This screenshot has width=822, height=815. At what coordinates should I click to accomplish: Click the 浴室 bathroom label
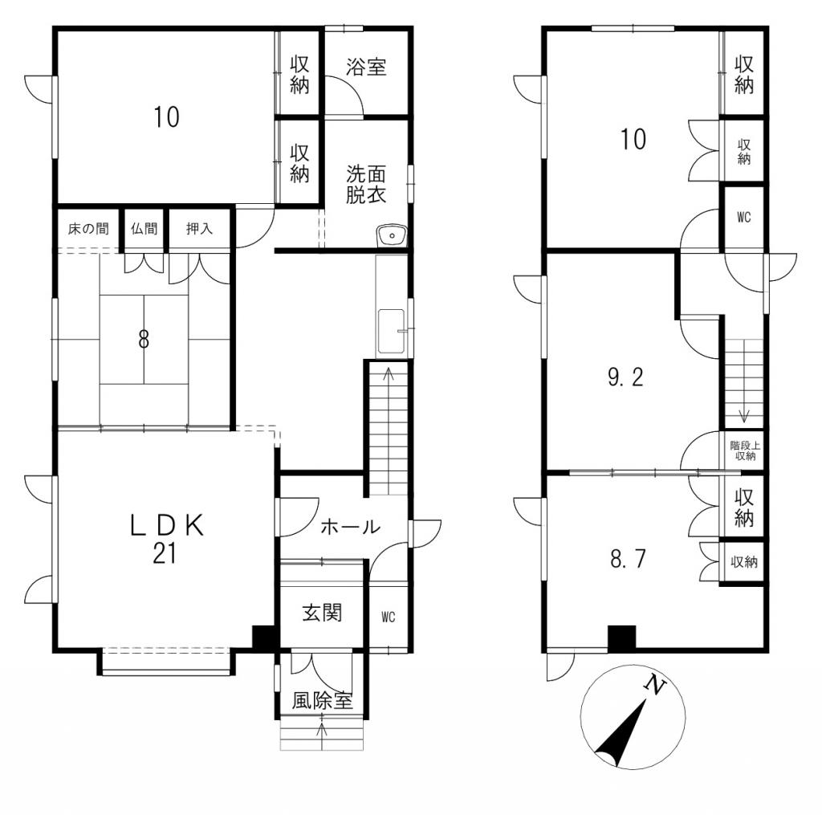coord(366,67)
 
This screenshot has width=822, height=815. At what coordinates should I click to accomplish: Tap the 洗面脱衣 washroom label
coord(366,185)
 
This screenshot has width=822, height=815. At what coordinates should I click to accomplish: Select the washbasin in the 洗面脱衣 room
coord(391,235)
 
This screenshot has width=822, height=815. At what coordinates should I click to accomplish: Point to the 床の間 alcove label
coord(88,229)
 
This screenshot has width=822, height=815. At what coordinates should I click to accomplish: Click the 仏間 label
coord(144,229)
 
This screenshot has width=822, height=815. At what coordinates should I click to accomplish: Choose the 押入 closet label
coord(199,229)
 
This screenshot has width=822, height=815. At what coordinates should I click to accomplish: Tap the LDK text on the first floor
coord(167,525)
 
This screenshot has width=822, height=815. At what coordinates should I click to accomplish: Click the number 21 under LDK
coord(164,553)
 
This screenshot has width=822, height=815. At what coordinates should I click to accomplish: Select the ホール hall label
coord(350,527)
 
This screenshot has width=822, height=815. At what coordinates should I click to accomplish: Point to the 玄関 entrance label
coord(323,613)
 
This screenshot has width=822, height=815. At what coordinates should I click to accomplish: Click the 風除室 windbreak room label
coord(323,701)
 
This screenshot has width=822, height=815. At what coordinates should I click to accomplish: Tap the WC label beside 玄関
coord(389,617)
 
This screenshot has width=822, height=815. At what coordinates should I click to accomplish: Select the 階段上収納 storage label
coord(745,450)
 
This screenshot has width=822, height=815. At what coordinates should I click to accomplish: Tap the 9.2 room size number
coord(625,377)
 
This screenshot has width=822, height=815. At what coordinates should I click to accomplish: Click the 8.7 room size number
coord(628,559)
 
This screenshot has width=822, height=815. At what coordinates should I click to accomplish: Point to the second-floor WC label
coord(744,217)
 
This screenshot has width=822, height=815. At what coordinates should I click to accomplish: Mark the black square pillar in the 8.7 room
coord(622,638)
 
